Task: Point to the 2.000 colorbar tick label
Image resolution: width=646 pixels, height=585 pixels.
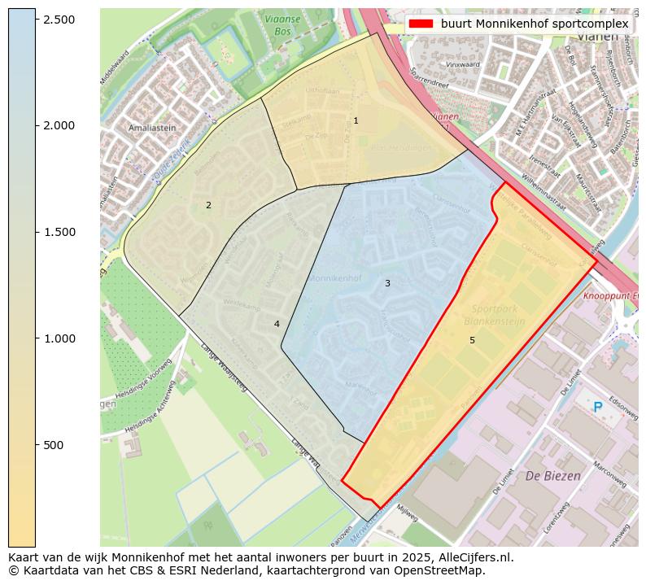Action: click(59, 125)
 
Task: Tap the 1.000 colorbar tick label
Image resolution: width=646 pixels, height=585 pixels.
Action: click(59, 338)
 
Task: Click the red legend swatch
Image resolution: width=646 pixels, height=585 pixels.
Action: click(421, 24)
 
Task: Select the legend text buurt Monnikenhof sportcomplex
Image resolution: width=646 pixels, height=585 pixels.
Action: click(535, 24)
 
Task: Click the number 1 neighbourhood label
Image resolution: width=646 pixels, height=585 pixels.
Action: click(356, 120)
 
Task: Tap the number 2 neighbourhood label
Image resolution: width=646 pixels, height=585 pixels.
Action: click(208, 205)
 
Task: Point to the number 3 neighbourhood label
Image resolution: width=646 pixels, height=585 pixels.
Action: click(387, 283)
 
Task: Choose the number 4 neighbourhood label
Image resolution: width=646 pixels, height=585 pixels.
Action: click(277, 324)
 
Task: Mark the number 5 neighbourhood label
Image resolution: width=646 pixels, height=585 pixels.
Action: click(472, 340)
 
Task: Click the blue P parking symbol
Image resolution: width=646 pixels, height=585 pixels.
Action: click(598, 407)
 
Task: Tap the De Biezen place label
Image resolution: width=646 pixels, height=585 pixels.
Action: click(553, 475)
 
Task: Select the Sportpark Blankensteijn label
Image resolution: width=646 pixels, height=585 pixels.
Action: click(498, 316)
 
